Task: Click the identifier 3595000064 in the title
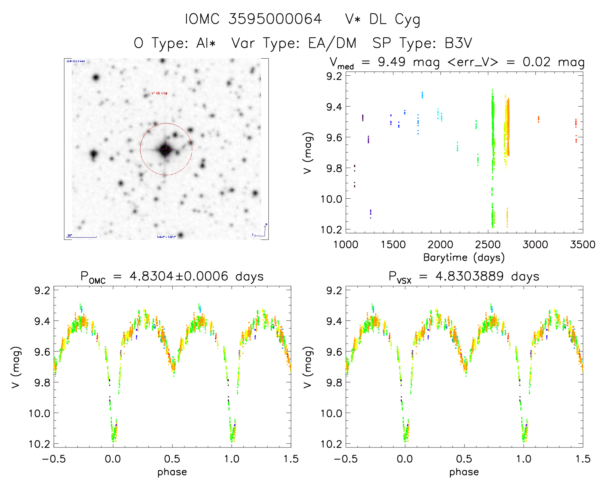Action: (x=275, y=19)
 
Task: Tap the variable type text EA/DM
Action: (x=332, y=43)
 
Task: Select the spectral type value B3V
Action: (x=458, y=43)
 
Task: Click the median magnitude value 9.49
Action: (x=391, y=62)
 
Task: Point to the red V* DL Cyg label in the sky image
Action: (x=159, y=93)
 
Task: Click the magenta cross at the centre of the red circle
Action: (x=166, y=149)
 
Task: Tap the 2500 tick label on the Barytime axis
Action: (x=488, y=245)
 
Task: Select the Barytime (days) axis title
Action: (x=464, y=258)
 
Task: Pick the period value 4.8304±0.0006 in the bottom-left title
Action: (x=179, y=276)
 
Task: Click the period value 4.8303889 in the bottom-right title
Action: (x=470, y=276)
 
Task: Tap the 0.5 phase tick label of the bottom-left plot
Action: (x=172, y=459)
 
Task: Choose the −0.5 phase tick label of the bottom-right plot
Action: (x=346, y=459)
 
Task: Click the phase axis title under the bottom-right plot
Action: (x=464, y=472)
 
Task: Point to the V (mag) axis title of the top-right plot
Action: (x=308, y=153)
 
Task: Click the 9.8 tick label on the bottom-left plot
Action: (x=42, y=382)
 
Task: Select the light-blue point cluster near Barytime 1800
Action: (x=422, y=95)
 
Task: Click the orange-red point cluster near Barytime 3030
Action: (x=538, y=119)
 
